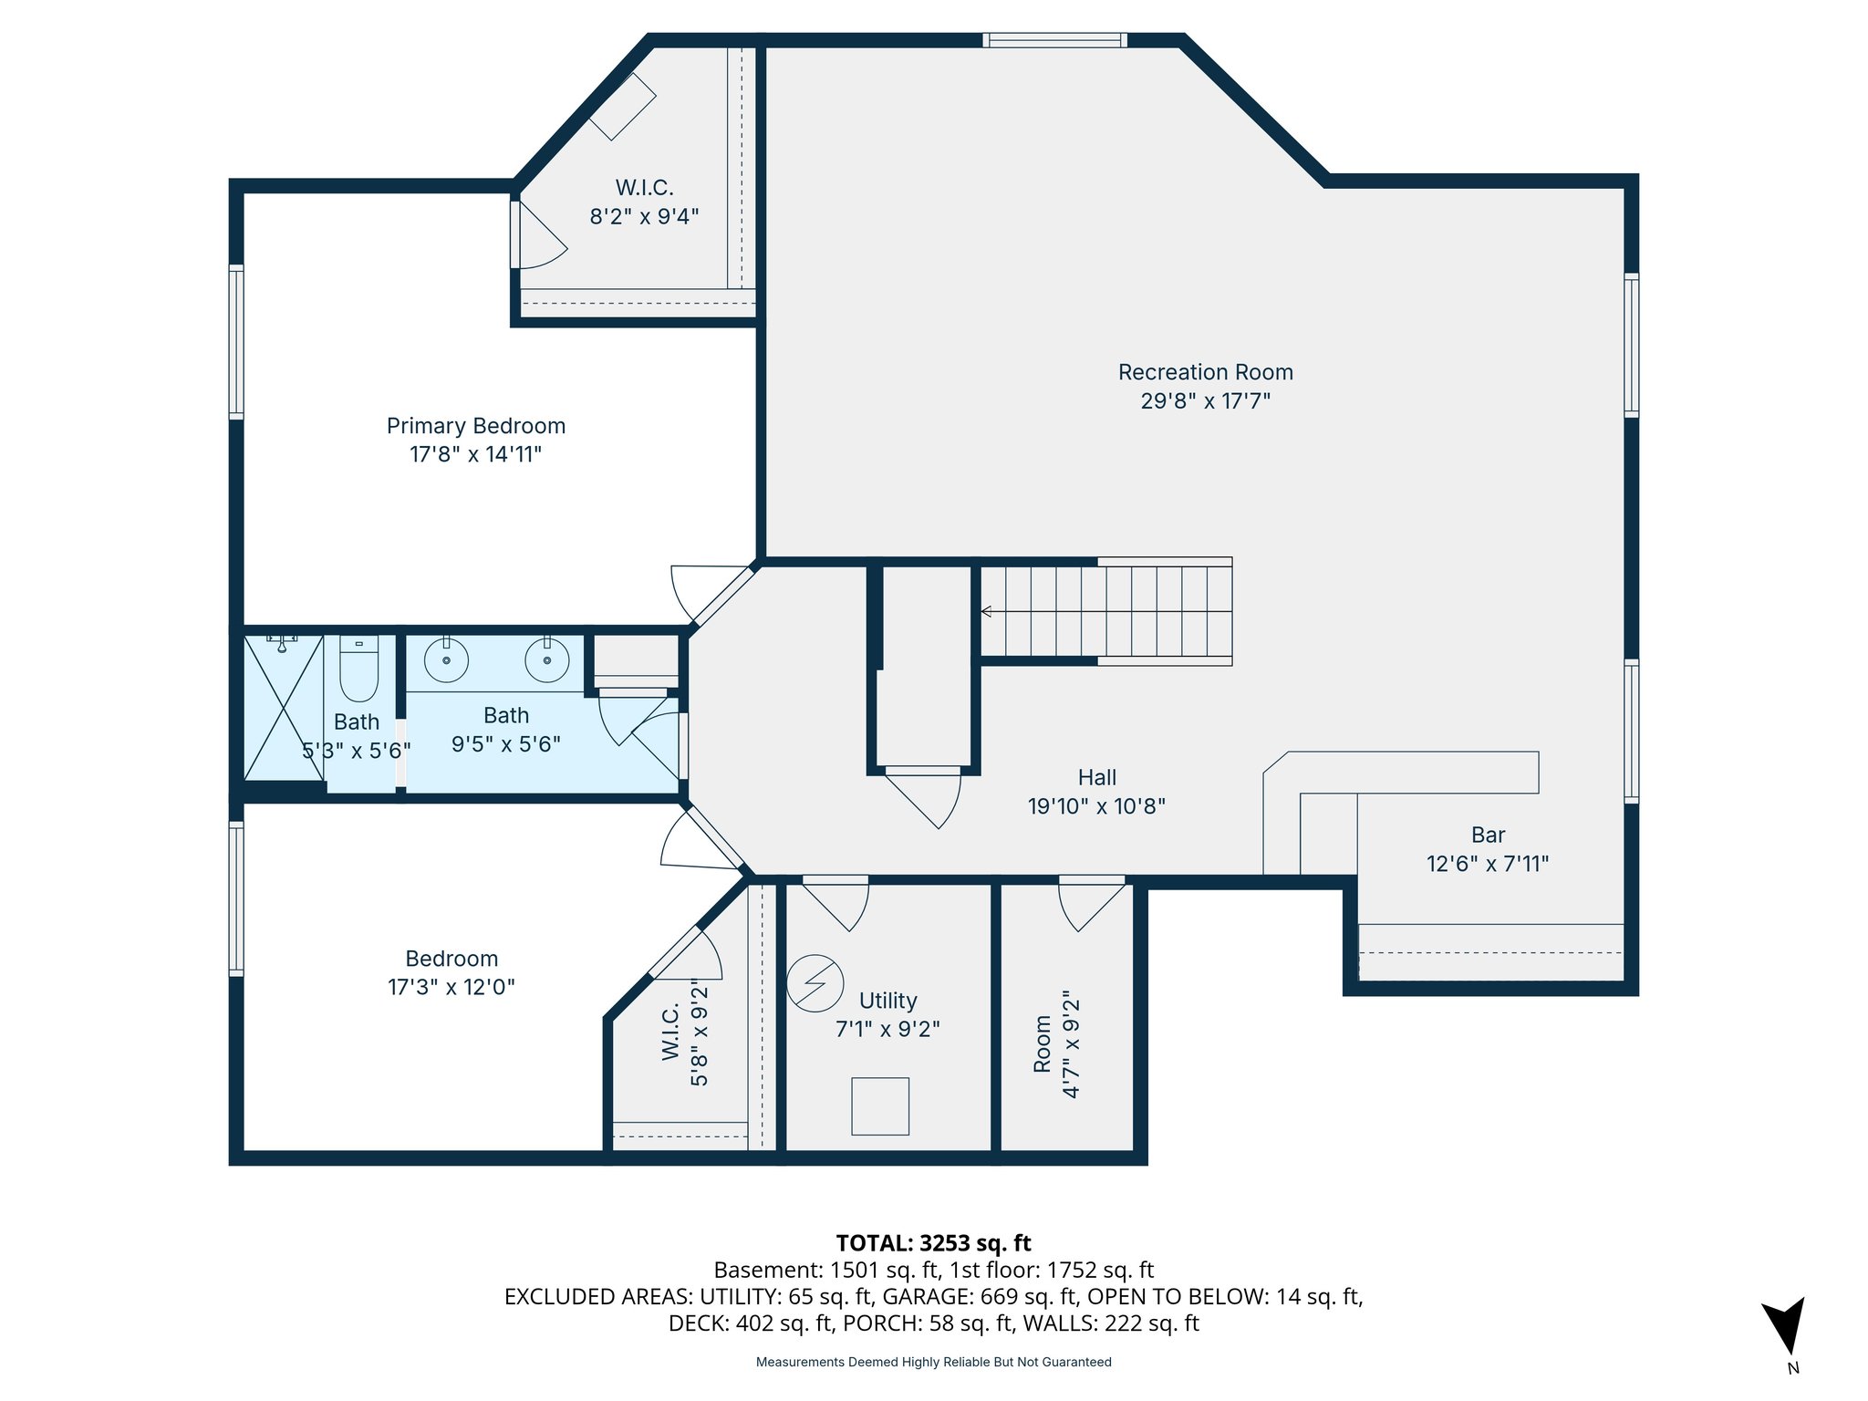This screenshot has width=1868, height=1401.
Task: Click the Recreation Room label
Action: [1205, 372]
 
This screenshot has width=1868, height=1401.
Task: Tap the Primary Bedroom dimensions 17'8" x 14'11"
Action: [475, 454]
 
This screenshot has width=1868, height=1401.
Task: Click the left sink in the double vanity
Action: [446, 659]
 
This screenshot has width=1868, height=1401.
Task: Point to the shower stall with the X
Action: [283, 708]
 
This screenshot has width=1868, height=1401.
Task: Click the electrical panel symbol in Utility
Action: [815, 983]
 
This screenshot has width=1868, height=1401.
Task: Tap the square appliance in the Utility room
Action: [880, 1105]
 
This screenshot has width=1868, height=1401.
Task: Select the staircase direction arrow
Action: [987, 611]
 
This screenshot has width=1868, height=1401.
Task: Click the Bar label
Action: [1488, 835]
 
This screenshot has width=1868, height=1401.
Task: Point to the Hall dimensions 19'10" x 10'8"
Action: [1096, 806]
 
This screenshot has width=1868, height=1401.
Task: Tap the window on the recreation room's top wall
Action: [1054, 40]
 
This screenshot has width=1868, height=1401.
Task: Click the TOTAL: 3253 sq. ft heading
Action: [933, 1243]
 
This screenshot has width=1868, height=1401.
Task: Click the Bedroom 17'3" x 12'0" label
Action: [451, 972]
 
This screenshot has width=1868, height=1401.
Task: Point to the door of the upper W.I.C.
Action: [538, 237]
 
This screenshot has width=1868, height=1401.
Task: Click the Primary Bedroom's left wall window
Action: [236, 342]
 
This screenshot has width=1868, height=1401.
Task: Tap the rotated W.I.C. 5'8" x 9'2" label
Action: [684, 1033]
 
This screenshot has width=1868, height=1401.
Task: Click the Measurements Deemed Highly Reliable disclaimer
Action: [933, 1362]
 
